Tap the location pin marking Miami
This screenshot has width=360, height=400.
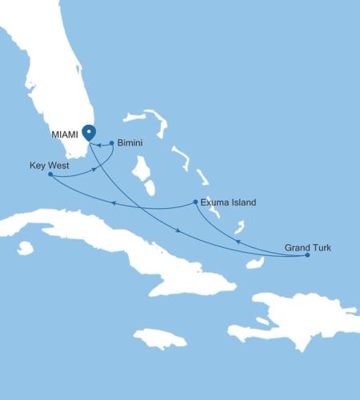(x=89, y=132)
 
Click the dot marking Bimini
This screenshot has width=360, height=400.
(x=111, y=143)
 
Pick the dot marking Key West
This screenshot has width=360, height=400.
(x=50, y=174)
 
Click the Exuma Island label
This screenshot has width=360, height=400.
(x=228, y=202)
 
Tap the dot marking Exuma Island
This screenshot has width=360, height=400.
(x=196, y=202)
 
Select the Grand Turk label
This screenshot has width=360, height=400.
(x=307, y=248)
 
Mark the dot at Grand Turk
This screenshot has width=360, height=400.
(x=307, y=255)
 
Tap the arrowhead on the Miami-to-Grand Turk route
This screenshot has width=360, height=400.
(x=177, y=231)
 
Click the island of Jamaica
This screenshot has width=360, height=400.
(x=160, y=338)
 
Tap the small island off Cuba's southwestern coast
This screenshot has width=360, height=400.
(x=26, y=248)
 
